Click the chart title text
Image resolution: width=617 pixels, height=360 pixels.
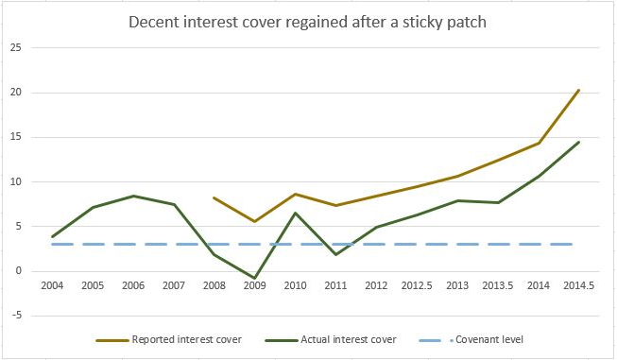(307, 22)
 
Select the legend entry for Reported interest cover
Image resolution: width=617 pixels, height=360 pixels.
(169, 339)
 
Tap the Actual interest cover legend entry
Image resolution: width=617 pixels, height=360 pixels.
(331, 339)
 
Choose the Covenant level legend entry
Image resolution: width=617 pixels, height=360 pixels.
(471, 339)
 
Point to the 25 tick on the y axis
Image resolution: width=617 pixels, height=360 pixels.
(16, 47)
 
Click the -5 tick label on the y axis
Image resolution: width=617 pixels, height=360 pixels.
(15, 316)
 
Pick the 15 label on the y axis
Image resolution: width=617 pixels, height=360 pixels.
(16, 137)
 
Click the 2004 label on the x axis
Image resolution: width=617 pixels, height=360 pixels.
(52, 285)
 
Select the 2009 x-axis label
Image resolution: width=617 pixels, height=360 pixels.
(254, 285)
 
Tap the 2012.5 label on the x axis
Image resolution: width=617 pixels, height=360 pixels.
(417, 285)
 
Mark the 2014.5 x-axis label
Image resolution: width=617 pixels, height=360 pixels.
(579, 285)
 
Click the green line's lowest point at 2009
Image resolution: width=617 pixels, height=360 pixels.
(254, 278)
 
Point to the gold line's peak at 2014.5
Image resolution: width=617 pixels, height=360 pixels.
(579, 90)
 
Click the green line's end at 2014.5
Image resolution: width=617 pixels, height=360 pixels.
(579, 142)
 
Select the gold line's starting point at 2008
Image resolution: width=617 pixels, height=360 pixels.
(214, 197)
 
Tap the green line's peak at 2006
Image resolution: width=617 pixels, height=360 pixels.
(133, 196)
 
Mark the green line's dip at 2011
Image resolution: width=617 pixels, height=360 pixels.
(335, 254)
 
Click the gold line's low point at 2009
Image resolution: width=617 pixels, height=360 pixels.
(254, 221)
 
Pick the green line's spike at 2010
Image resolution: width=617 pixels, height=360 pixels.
(295, 213)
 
